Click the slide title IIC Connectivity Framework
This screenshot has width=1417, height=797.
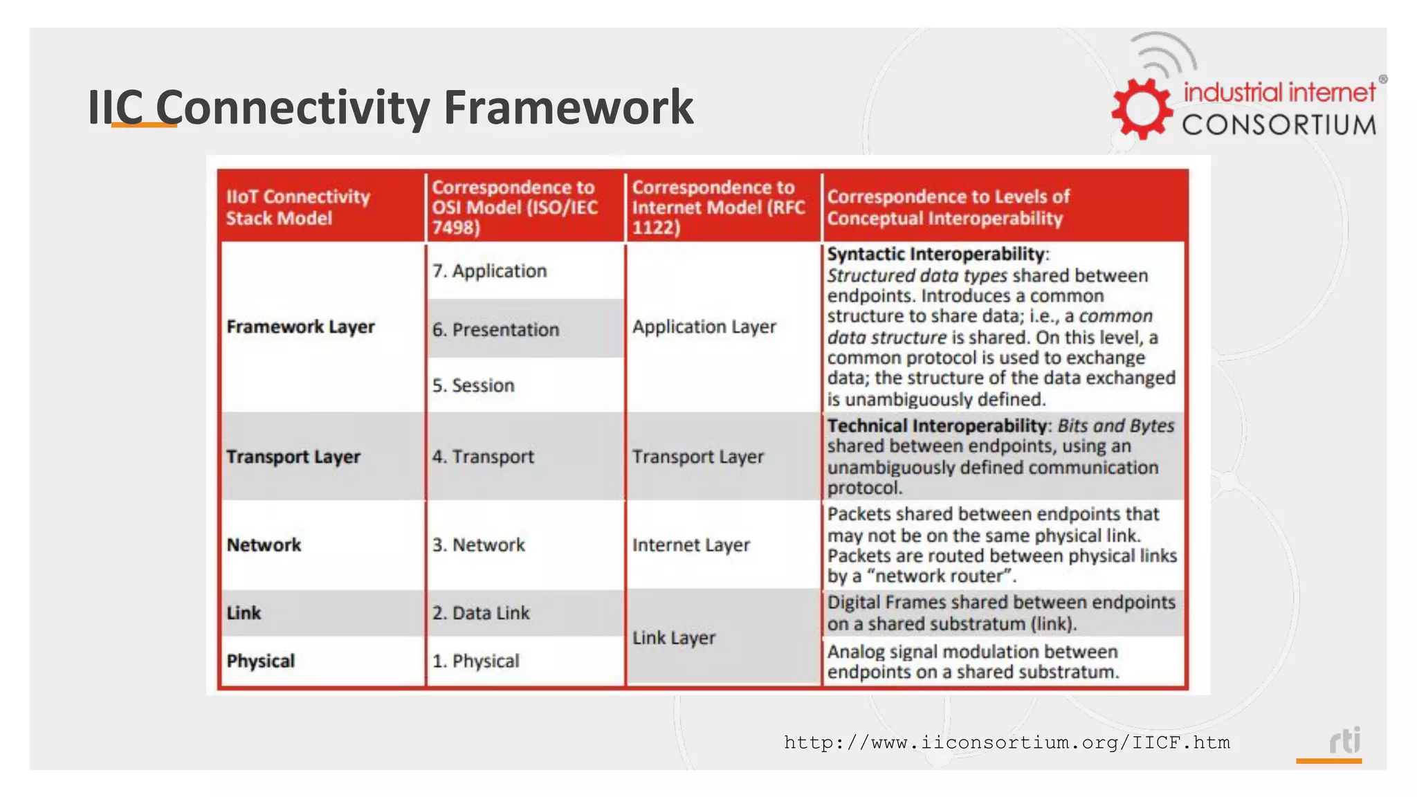[x=390, y=107]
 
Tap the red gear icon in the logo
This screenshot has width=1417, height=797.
[x=1142, y=109]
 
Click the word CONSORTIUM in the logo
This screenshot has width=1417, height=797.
[x=1279, y=125]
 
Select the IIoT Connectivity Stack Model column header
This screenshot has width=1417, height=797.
[x=298, y=207]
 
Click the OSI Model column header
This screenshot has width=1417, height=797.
[x=514, y=207]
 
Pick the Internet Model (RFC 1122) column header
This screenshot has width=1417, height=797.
[x=718, y=207]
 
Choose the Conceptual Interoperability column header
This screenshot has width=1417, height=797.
[x=948, y=207]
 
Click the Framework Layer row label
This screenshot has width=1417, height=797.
[x=300, y=327]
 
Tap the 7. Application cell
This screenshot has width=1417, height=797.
[x=489, y=271]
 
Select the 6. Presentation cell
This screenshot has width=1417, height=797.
[x=495, y=329]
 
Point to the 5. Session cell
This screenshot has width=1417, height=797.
[x=473, y=385]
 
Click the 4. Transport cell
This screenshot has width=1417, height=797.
[x=483, y=457]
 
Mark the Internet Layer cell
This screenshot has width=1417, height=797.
[x=691, y=545]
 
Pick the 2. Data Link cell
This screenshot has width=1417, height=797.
[x=481, y=613]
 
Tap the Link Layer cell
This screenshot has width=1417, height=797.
[x=673, y=638]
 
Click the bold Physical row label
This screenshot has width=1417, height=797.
[x=261, y=661]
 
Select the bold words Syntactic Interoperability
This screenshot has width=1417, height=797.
[x=935, y=254]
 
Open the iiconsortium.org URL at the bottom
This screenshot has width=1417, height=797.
[x=1007, y=743]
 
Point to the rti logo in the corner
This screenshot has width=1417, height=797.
[x=1344, y=741]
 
